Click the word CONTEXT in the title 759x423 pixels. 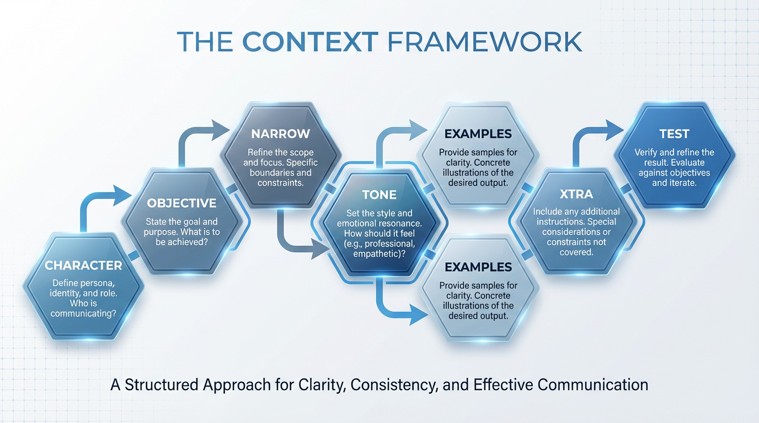310,42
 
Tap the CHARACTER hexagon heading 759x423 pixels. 83,265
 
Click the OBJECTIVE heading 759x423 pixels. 181,203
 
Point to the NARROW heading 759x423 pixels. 280,134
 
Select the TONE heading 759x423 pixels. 379,195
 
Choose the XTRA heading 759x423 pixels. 576,194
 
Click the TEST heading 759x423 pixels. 674,134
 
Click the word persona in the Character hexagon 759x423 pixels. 100,284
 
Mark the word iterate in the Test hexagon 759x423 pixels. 683,182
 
